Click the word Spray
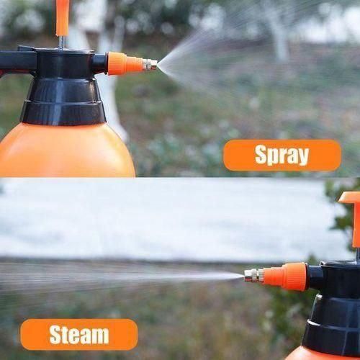282,155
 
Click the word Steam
79,335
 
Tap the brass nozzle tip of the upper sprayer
150,65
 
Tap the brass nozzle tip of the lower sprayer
253,275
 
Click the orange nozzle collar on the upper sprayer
125,63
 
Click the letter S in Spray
261,155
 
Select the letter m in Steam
99,336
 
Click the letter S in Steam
56,335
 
